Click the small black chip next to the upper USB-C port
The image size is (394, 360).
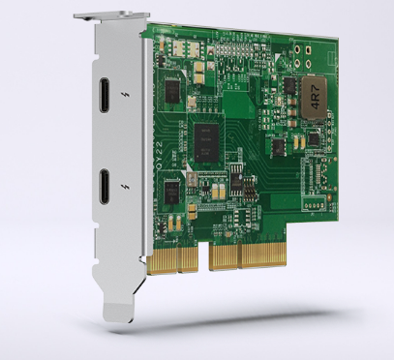point(173,91)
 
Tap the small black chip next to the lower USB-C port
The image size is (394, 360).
point(171,188)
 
